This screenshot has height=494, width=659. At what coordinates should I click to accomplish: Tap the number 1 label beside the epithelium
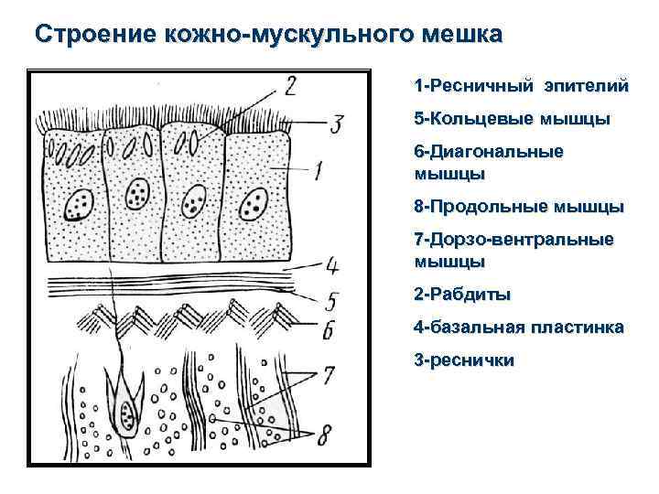[x=319, y=169]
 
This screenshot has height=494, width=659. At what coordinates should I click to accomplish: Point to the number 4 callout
[x=332, y=265]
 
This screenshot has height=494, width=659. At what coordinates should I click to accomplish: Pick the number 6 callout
[x=328, y=328]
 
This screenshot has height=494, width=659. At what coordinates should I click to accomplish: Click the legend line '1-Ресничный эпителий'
[x=521, y=87]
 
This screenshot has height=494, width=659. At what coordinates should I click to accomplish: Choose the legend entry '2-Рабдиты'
[x=462, y=295]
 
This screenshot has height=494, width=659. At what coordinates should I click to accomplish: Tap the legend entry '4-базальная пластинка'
[x=519, y=327]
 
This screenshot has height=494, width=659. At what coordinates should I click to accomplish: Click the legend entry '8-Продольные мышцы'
[x=519, y=206]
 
